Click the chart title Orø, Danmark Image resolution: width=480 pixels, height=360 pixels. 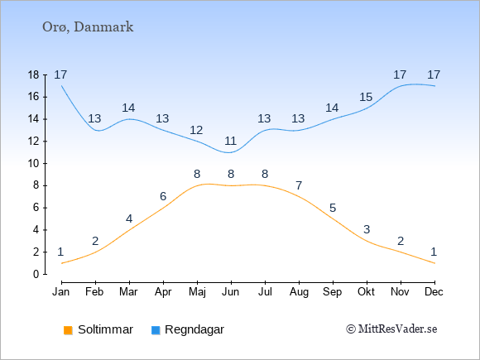(x=88, y=27)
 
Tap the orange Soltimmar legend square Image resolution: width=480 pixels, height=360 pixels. (x=68, y=330)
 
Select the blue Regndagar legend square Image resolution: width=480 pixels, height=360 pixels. (x=156, y=330)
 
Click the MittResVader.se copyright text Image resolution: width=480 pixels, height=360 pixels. (x=391, y=329)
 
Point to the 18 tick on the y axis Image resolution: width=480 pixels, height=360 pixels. (x=34, y=75)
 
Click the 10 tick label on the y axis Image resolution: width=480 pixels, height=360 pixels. (x=34, y=164)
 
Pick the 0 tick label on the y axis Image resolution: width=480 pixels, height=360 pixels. (x=36, y=274)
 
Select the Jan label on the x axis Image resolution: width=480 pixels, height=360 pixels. (x=61, y=292)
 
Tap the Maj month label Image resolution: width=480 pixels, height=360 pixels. (x=197, y=292)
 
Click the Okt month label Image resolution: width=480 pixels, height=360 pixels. (x=367, y=292)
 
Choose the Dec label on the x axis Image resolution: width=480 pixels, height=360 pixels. (x=434, y=292)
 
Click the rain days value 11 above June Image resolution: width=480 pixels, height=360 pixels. (x=231, y=142)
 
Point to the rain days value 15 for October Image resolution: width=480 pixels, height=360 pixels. (x=366, y=98)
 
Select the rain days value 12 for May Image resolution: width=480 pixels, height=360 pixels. (x=196, y=131)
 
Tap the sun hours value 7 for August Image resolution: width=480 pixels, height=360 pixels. (x=299, y=185)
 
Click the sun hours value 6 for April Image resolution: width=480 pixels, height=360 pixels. (x=163, y=196)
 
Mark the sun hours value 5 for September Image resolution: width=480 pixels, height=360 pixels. (x=333, y=209)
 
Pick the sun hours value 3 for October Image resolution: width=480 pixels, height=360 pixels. (x=367, y=229)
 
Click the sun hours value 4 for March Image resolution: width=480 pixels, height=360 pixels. (x=129, y=218)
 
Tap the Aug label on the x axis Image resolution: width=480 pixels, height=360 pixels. (x=299, y=292)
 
